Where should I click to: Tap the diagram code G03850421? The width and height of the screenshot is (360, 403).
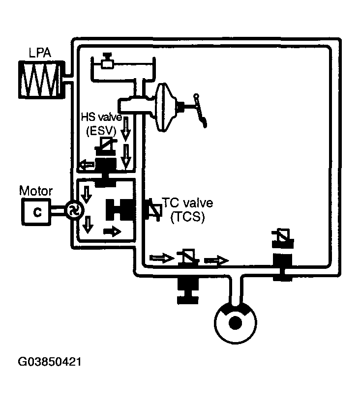tap(49, 362)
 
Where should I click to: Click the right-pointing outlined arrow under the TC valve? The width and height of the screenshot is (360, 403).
tap(162, 258)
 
